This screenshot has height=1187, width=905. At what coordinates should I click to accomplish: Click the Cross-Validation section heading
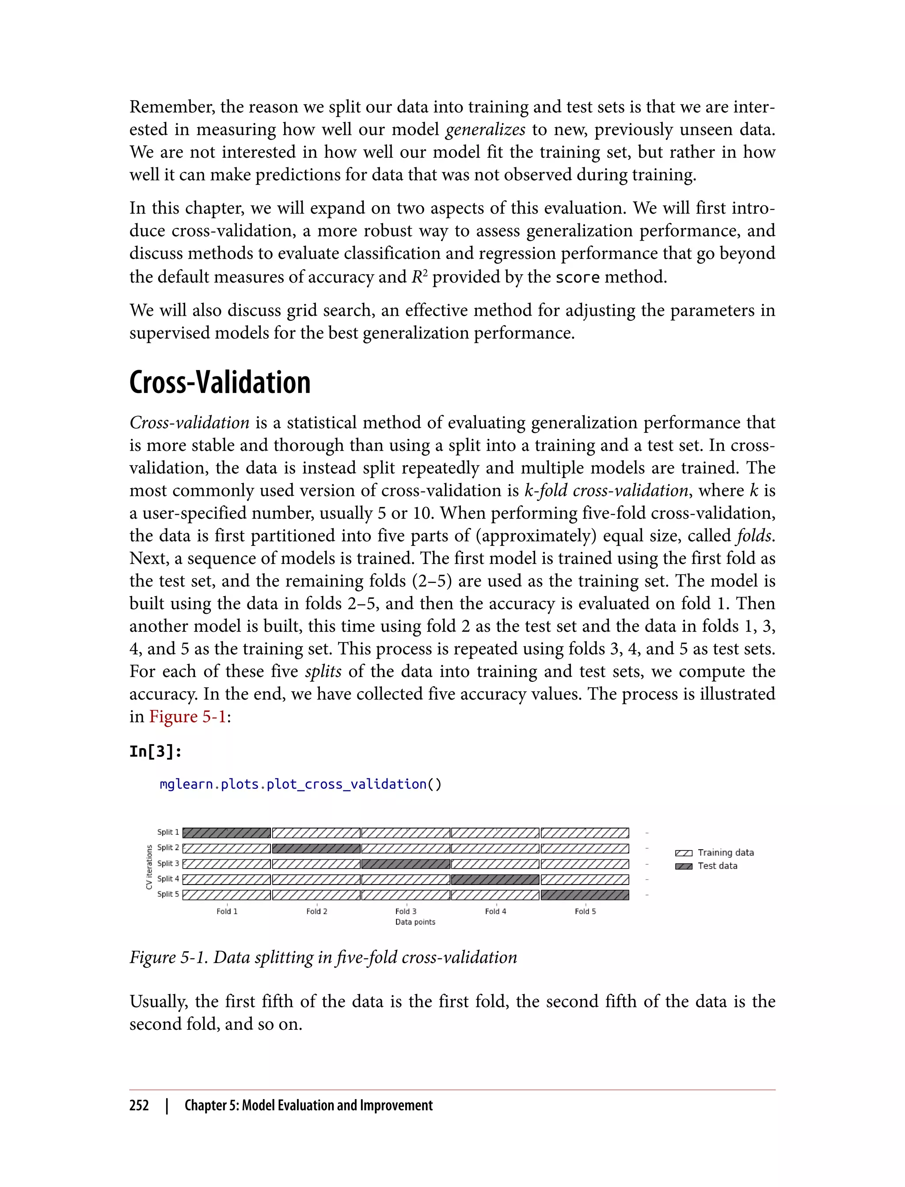click(x=220, y=383)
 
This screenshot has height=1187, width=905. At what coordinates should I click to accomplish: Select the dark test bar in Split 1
click(x=227, y=833)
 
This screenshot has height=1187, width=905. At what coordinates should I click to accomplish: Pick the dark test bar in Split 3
click(x=406, y=864)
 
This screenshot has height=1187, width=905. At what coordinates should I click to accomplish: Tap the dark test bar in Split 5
click(x=585, y=895)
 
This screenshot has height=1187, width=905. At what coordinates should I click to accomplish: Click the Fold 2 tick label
click(x=317, y=911)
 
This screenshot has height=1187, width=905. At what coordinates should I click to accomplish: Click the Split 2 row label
click(x=168, y=848)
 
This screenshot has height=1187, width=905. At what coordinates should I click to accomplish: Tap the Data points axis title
click(x=415, y=922)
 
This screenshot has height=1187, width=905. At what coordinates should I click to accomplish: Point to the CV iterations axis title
click(x=149, y=867)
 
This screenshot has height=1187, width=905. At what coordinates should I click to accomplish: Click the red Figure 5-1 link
click(x=187, y=717)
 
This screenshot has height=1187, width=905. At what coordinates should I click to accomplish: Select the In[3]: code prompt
click(x=156, y=752)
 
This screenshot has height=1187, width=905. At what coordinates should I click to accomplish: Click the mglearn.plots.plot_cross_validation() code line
click(x=300, y=784)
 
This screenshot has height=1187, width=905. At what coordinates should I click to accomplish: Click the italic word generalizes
click(x=485, y=130)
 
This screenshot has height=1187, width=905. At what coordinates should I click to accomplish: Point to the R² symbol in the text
click(x=419, y=277)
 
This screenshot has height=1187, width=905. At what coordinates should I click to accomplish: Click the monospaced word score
click(x=577, y=278)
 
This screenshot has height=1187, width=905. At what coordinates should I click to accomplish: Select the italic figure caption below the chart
click(x=323, y=958)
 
